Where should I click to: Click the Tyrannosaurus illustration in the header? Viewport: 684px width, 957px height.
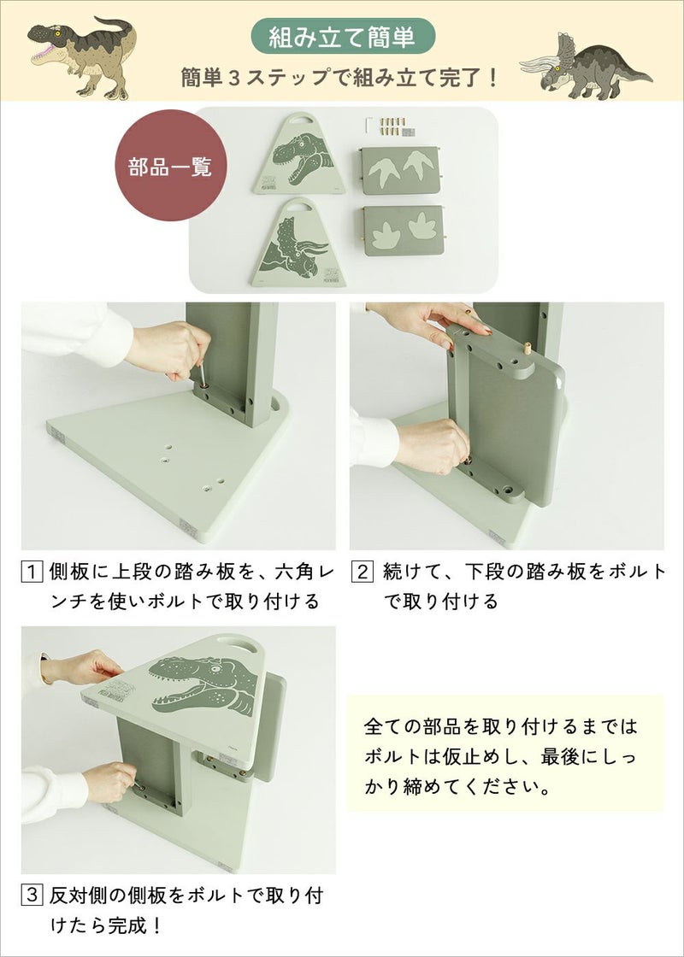[80, 53]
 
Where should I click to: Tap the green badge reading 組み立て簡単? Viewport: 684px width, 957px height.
[343, 37]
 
